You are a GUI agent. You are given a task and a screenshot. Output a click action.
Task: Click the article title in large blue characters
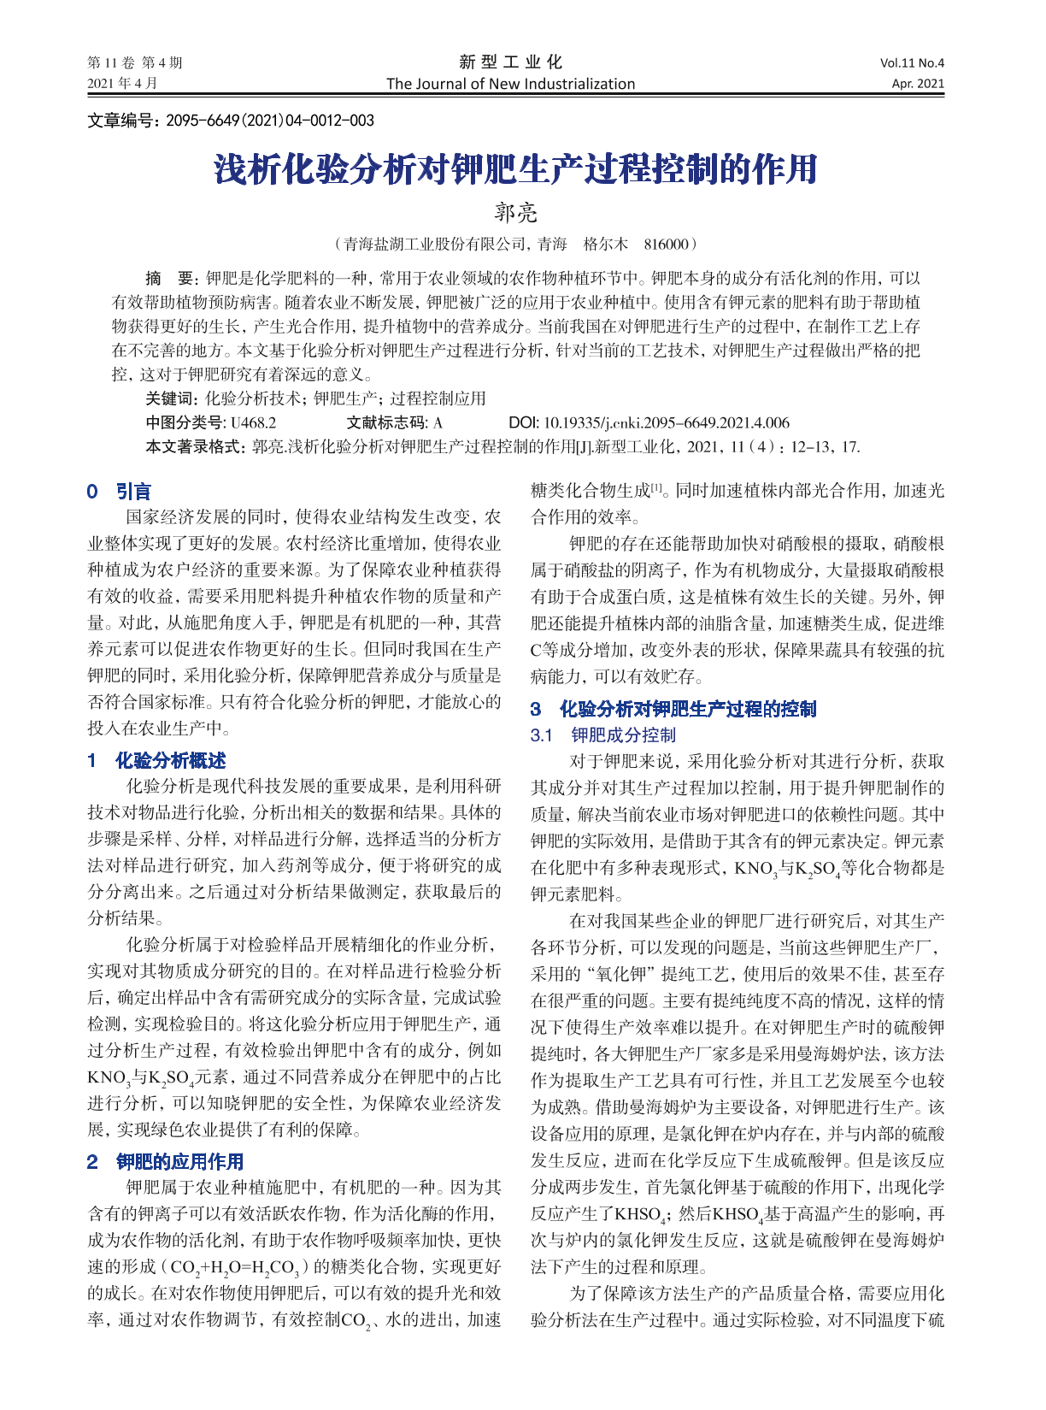click(x=515, y=169)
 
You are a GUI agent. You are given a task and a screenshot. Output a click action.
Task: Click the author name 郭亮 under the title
click(x=516, y=212)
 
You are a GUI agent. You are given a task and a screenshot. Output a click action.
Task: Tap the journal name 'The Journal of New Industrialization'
click(x=510, y=84)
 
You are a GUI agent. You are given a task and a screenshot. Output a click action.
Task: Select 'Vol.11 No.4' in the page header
click(x=912, y=62)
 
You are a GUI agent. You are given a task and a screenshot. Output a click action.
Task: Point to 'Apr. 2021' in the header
click(x=918, y=84)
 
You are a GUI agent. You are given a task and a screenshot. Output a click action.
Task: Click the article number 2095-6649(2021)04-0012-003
click(x=270, y=121)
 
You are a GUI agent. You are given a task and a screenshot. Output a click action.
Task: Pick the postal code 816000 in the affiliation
click(x=666, y=245)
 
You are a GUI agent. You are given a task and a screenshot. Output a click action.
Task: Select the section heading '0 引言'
click(x=119, y=492)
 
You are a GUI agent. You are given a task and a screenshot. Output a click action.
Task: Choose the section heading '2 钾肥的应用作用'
click(x=165, y=1161)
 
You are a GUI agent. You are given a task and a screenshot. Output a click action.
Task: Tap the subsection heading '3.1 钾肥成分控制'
click(x=602, y=735)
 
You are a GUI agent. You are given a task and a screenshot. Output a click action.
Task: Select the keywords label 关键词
click(x=171, y=398)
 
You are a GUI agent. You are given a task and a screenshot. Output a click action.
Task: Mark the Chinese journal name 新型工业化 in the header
click(x=510, y=62)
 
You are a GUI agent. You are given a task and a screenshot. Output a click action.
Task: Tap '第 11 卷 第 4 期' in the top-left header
click(x=135, y=62)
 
